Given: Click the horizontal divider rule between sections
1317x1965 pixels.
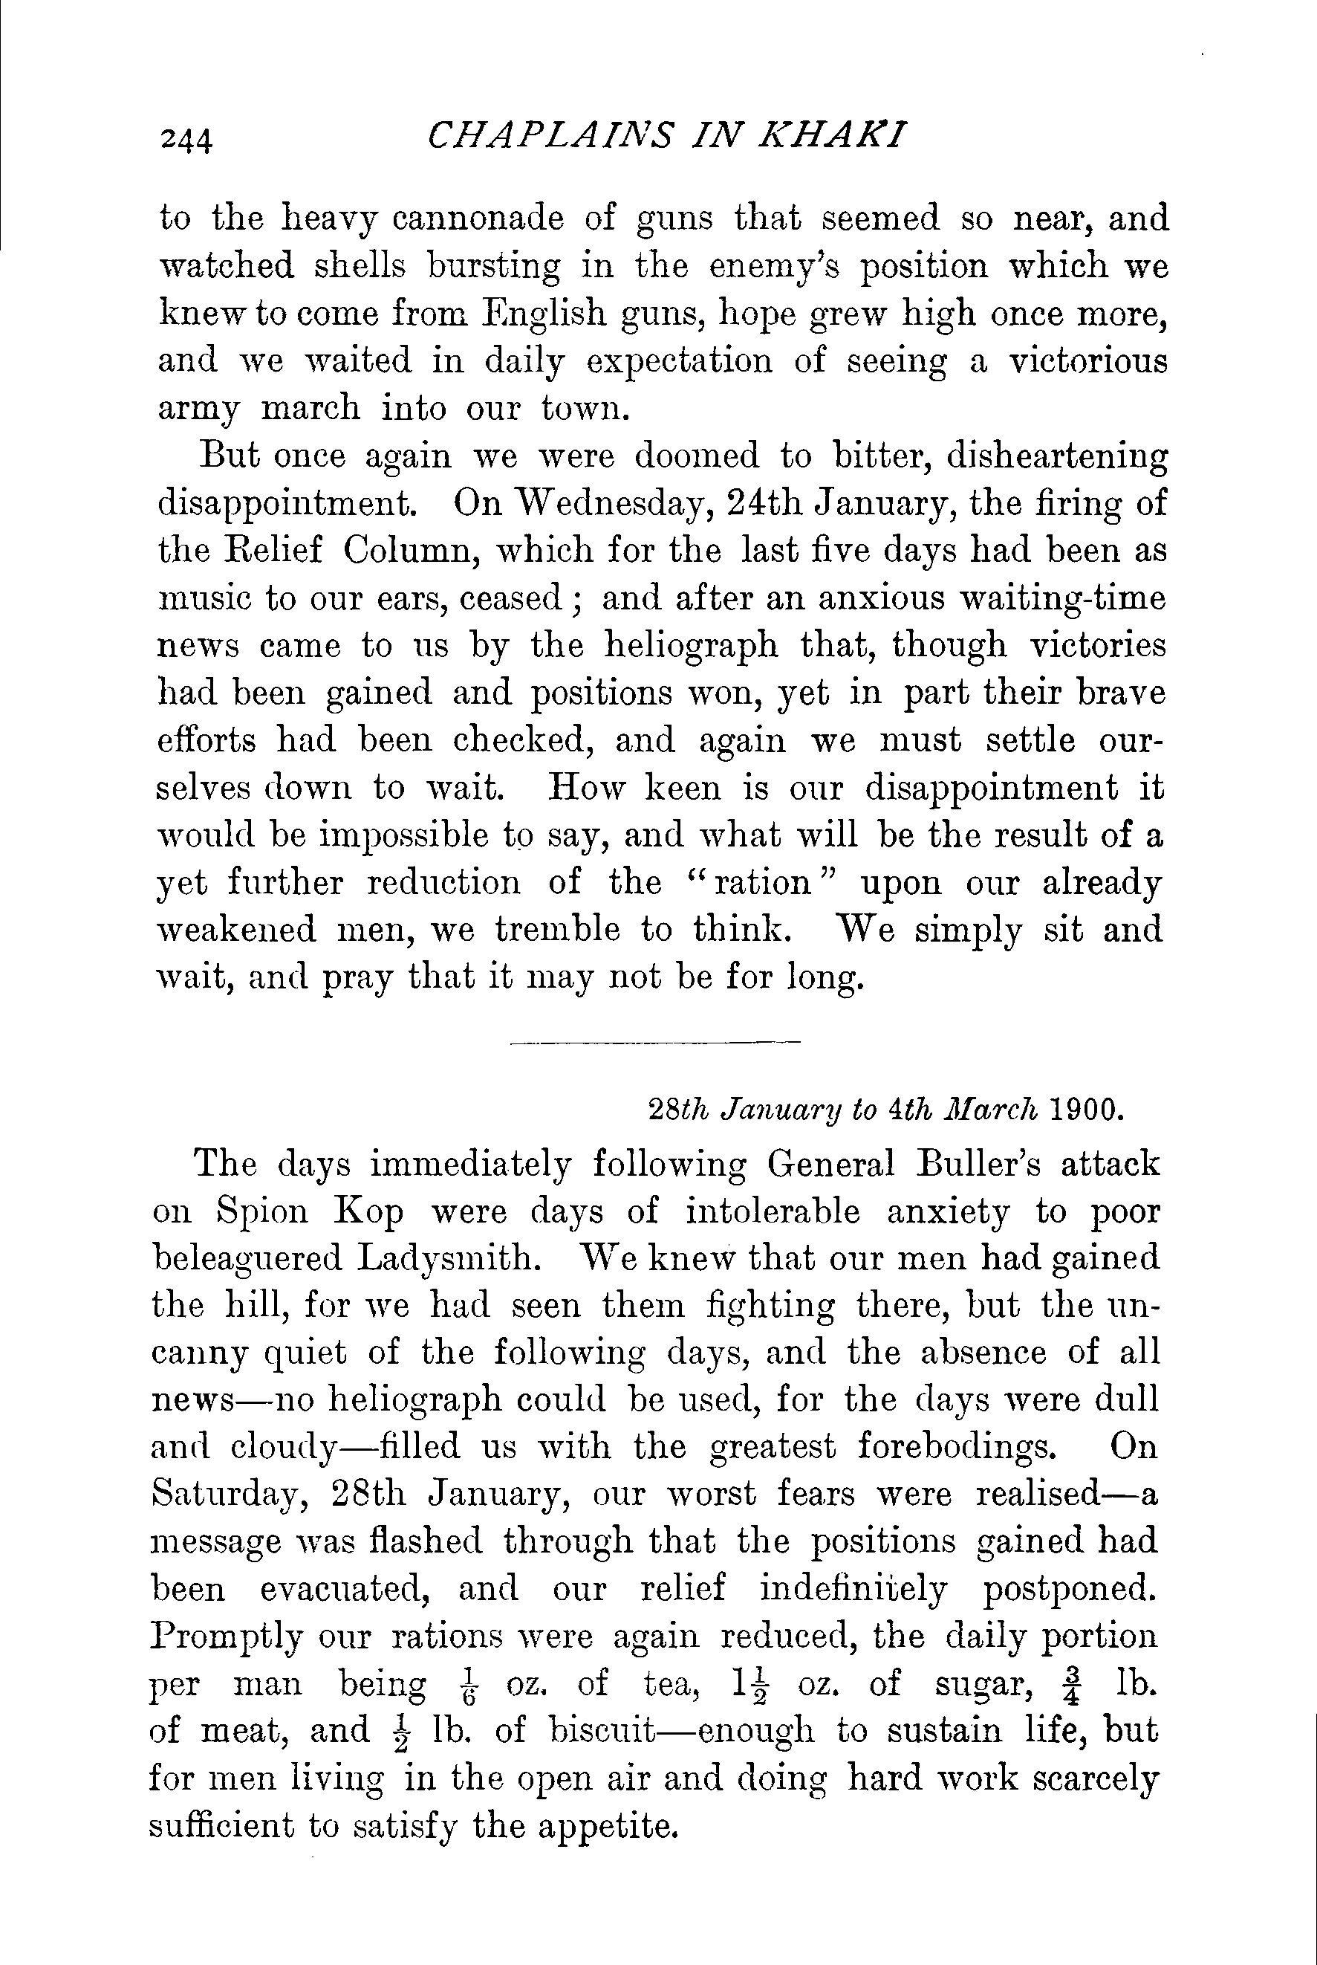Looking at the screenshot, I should point(655,1044).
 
